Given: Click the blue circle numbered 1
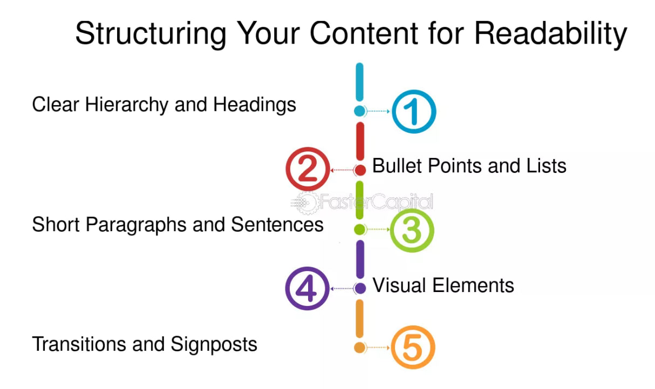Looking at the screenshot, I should (413, 112).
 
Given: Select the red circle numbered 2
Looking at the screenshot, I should (307, 170).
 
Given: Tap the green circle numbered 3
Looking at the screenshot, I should (411, 230).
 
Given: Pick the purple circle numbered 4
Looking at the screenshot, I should (307, 289).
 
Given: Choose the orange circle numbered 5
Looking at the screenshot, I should (411, 348).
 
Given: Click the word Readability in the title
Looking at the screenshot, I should (550, 33).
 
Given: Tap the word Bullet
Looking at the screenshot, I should (397, 165).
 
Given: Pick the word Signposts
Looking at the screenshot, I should (214, 344).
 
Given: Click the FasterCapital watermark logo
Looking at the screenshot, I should (362, 202).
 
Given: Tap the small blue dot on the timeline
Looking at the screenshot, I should (360, 112).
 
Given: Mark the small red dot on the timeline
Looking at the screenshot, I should (360, 170).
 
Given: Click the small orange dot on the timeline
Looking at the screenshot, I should (360, 348).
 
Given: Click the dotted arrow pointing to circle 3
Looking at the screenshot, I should (378, 230).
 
